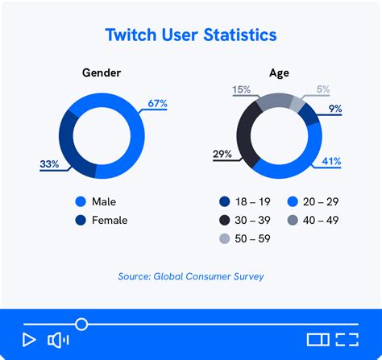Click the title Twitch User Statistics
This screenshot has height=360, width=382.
(x=191, y=35)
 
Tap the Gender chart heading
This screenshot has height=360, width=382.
(x=102, y=72)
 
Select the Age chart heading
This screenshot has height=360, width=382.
(x=279, y=72)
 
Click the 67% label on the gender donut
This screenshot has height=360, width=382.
(x=156, y=104)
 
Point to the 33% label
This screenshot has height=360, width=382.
(x=50, y=164)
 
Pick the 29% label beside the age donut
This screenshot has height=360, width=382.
(x=223, y=154)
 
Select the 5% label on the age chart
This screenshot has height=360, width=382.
(x=322, y=89)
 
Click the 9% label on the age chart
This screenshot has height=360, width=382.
(x=334, y=108)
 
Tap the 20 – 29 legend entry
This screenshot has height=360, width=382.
(x=318, y=202)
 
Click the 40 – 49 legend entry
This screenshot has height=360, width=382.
(x=318, y=220)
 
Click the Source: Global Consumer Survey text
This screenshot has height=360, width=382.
(x=191, y=277)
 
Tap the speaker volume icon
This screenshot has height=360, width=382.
(x=58, y=340)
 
